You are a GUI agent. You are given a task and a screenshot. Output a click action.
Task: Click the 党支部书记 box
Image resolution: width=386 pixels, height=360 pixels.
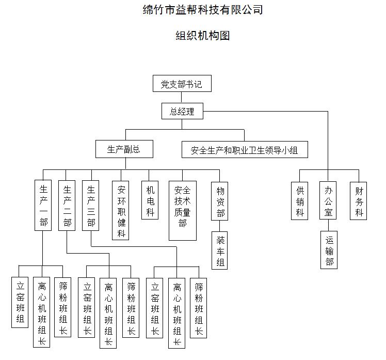(x=182, y=84)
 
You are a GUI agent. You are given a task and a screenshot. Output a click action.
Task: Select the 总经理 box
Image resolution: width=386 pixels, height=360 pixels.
(x=182, y=111)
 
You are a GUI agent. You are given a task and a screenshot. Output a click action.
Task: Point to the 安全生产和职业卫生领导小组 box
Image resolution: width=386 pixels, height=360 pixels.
(x=245, y=150)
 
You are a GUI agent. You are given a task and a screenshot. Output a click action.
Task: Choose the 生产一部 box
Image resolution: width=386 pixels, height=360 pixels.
(x=43, y=205)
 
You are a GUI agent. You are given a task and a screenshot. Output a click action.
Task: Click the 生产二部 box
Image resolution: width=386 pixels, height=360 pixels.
(x=67, y=205)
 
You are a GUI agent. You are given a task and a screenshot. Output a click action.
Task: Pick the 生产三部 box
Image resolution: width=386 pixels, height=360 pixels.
(x=91, y=205)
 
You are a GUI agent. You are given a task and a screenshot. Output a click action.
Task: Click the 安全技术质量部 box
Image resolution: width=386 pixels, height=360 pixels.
(x=183, y=210)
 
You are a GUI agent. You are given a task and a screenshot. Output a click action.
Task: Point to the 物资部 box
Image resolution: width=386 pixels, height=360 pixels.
(x=220, y=201)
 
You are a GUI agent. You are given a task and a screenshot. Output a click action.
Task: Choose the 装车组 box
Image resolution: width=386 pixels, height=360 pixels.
(x=220, y=251)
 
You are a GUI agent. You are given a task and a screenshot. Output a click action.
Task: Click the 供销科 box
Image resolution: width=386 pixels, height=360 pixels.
(x=300, y=201)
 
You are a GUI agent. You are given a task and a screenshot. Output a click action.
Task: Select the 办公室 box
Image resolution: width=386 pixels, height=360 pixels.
(x=328, y=201)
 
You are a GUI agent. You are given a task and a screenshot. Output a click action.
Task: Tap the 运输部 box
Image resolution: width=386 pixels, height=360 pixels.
(x=329, y=250)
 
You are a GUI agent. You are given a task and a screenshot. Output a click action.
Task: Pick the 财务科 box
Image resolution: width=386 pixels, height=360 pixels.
(x=359, y=201)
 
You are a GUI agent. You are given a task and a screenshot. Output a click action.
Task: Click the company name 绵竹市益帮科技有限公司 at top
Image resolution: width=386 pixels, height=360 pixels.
(x=202, y=9)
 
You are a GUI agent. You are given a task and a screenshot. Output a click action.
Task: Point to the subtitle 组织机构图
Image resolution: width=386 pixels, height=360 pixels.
(x=202, y=35)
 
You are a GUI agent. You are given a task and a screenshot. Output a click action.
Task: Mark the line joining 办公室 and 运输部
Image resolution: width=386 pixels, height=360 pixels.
(x=328, y=226)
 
